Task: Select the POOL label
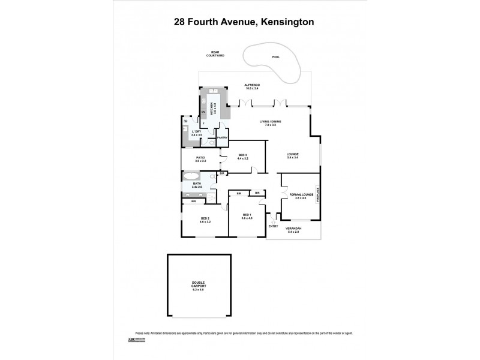click(275, 57)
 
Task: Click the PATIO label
click(200, 159)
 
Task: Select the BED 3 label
click(242, 156)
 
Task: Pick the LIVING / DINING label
click(271, 122)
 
